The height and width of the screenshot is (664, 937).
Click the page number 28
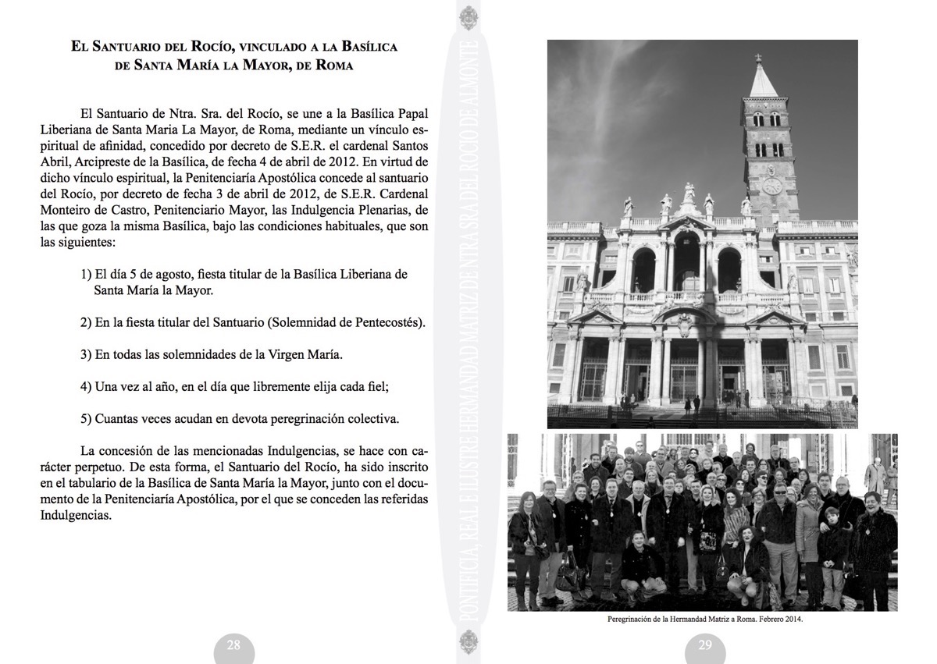pyautogui.click(x=233, y=644)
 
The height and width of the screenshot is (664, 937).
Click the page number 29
pyautogui.click(x=704, y=644)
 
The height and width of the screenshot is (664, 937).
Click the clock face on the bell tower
pyautogui.click(x=771, y=186)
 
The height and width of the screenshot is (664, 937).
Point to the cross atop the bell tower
pyautogui.click(x=757, y=59)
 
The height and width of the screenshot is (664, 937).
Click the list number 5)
pyautogui.click(x=86, y=418)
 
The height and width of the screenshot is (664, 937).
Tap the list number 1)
pyautogui.click(x=86, y=275)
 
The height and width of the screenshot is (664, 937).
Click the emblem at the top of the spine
pyautogui.click(x=468, y=16)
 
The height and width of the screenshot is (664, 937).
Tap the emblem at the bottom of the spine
pyautogui.click(x=468, y=647)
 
